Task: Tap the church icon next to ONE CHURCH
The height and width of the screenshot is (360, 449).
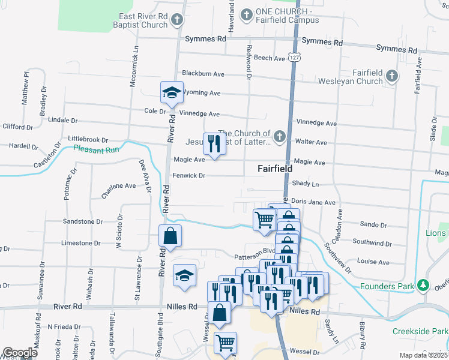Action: click(x=246, y=14)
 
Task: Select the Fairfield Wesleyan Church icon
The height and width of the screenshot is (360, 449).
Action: click(x=391, y=76)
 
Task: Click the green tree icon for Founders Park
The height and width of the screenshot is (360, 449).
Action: click(x=423, y=285)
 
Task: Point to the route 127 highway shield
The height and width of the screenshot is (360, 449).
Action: click(x=293, y=57)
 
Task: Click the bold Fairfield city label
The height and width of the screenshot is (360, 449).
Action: click(x=275, y=169)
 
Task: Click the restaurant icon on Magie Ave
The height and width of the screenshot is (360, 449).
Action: click(x=213, y=143)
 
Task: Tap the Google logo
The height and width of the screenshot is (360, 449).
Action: click(x=20, y=352)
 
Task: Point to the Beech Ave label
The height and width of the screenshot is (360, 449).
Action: click(x=270, y=58)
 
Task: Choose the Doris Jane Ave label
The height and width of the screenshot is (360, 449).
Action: click(x=313, y=203)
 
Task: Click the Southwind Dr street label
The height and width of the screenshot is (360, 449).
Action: click(x=372, y=244)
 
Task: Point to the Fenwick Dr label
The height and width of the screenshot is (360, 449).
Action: click(x=189, y=176)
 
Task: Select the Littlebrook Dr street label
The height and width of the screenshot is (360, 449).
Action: click(x=88, y=139)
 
